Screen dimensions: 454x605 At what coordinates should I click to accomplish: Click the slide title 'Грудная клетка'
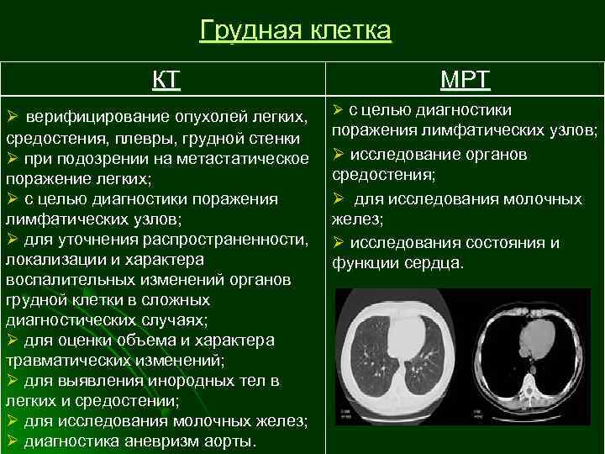pos(296,31)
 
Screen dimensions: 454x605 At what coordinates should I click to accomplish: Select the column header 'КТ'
pos(166,81)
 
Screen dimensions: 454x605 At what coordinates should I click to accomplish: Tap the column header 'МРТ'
pos(466,81)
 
